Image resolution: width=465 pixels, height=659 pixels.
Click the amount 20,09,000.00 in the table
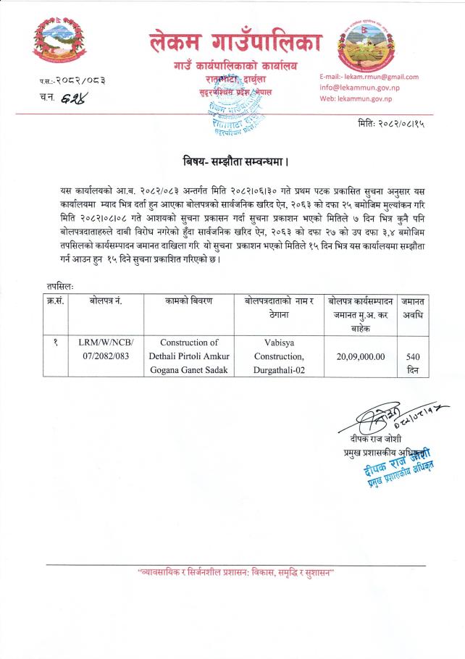pyautogui.click(x=360, y=356)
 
